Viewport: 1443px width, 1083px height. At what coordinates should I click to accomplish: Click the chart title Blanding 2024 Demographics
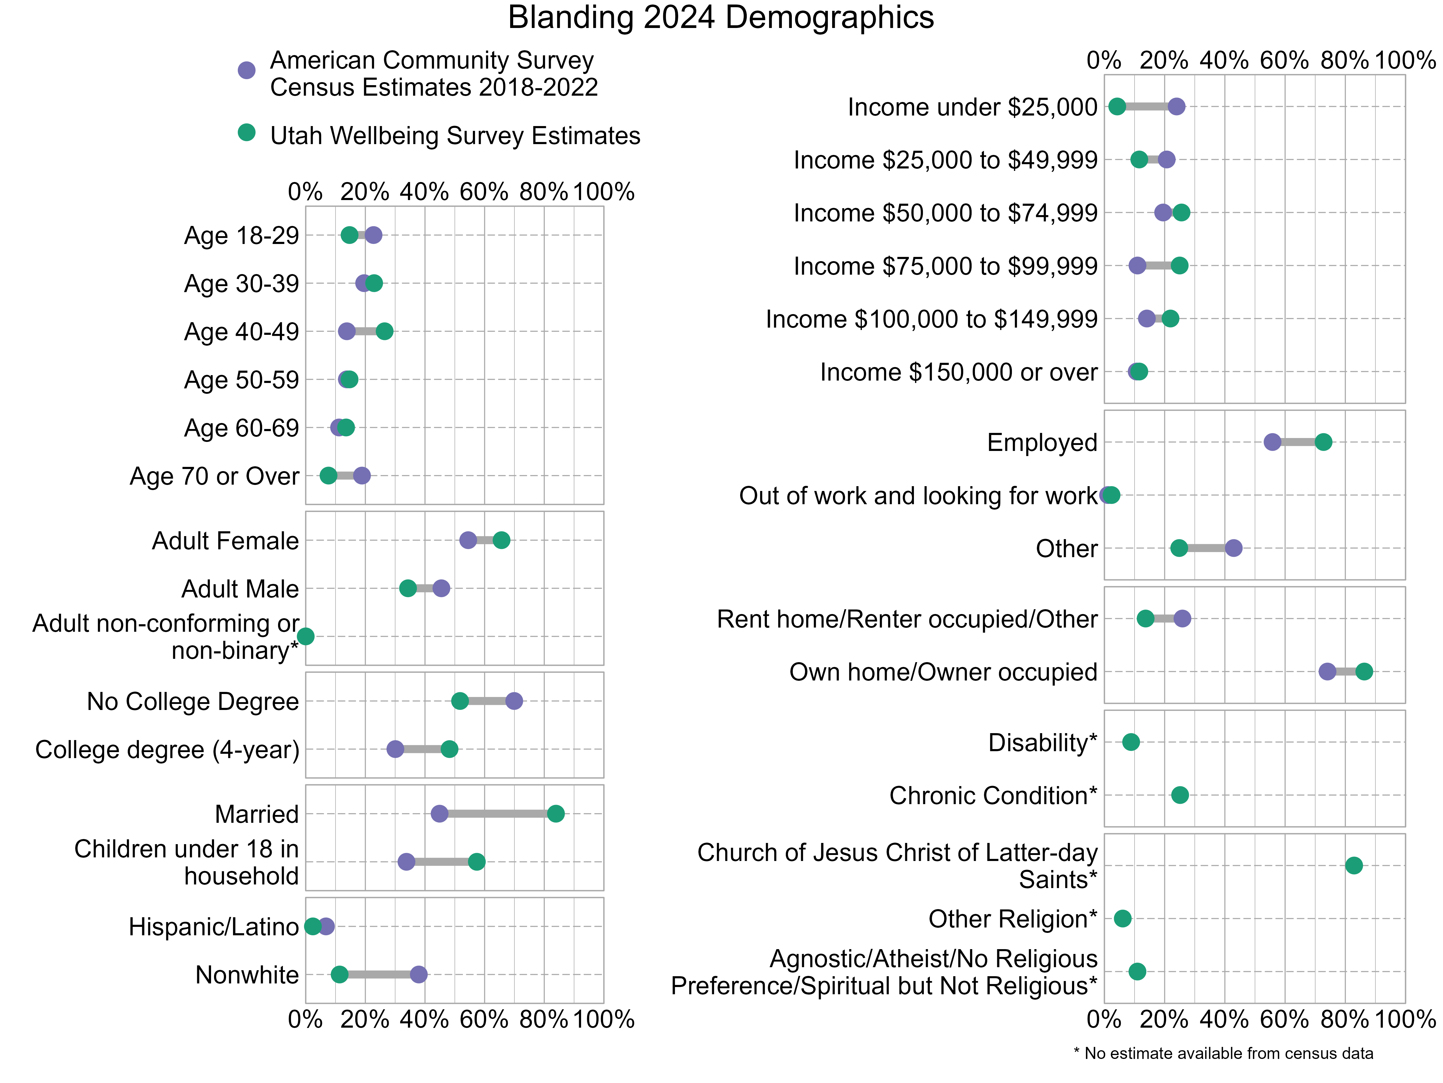(x=721, y=18)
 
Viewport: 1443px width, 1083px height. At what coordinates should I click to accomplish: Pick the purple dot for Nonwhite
(x=419, y=974)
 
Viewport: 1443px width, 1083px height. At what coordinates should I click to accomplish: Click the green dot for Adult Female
(x=501, y=540)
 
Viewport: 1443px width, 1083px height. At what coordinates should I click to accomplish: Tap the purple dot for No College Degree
(x=514, y=700)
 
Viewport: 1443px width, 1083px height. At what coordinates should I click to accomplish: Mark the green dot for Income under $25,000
(x=1117, y=106)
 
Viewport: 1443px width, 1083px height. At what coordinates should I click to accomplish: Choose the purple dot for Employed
(x=1272, y=442)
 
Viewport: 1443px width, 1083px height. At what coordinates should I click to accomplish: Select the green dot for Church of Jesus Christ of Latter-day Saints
(x=1354, y=865)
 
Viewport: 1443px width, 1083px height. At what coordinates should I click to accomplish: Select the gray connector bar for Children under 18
(x=442, y=862)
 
